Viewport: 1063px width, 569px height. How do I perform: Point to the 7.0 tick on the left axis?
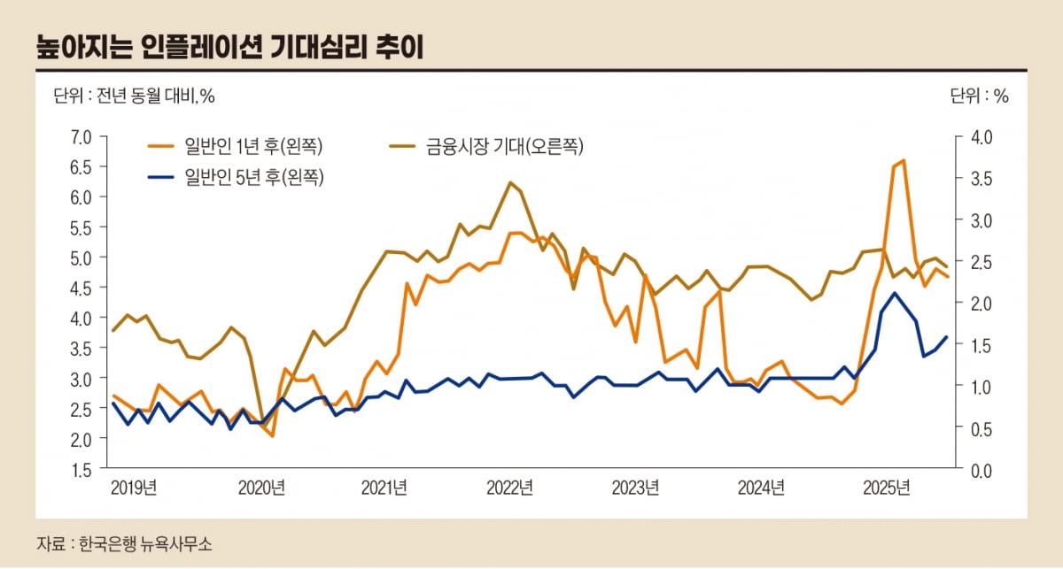click(81, 136)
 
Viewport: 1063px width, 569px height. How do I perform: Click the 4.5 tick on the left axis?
click(81, 288)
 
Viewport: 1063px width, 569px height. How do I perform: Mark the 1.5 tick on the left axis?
click(81, 469)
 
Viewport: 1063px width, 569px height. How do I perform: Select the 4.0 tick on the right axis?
click(982, 136)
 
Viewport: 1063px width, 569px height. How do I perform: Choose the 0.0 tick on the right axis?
click(982, 469)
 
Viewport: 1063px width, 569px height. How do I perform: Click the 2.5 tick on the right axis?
click(982, 261)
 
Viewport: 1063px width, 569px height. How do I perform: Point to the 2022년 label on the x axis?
click(509, 488)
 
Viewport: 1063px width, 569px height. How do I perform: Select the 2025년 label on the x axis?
click(887, 488)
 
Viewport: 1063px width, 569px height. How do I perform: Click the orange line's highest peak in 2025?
click(903, 160)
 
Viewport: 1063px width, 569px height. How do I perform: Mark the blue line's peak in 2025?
click(894, 293)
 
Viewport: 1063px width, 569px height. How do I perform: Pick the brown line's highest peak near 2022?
click(510, 182)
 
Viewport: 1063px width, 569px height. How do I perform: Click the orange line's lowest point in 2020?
click(272, 435)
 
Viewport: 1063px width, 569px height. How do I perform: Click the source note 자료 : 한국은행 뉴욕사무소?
click(124, 543)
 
